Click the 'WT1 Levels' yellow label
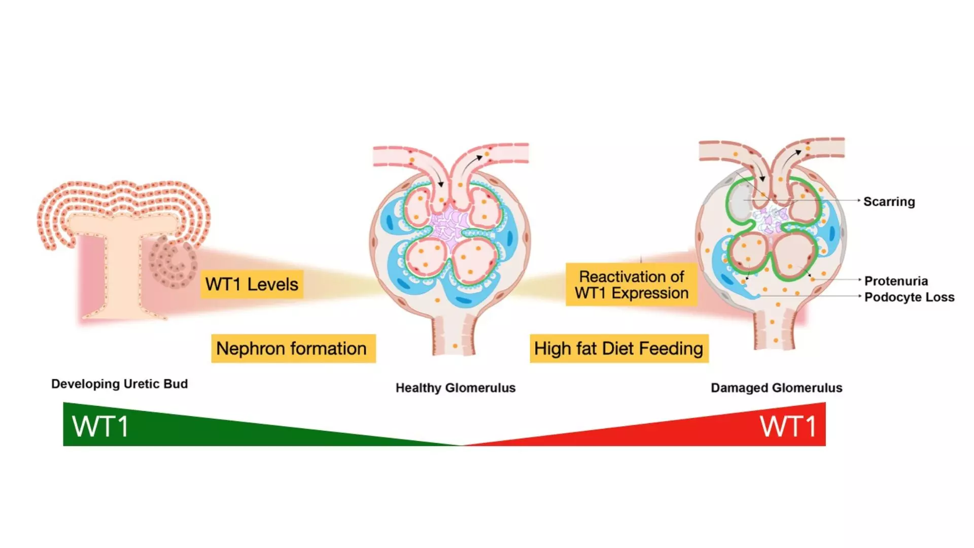(252, 284)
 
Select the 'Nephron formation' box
(293, 349)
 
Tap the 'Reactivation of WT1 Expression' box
(631, 285)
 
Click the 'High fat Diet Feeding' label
(618, 349)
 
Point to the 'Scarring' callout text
(889, 201)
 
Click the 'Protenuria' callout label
(896, 281)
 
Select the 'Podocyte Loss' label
(909, 297)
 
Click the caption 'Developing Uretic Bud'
(119, 384)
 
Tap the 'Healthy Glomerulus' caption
(455, 388)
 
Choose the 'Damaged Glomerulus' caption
(776, 388)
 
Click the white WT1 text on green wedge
(100, 426)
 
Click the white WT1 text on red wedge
(788, 426)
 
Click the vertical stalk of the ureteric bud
(122, 274)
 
